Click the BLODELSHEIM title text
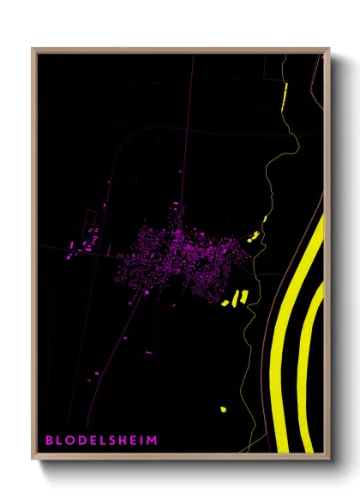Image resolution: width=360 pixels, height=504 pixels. coord(101,441)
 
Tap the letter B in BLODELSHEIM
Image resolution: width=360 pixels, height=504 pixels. coord(49,441)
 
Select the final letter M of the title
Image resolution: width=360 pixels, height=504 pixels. coord(153,441)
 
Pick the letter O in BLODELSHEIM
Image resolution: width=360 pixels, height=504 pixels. coord(70,441)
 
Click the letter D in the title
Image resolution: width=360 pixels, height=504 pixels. coord(81,441)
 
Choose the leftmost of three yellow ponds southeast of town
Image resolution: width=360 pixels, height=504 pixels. coord(225,303)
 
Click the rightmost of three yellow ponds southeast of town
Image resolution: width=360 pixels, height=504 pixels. coord(244,296)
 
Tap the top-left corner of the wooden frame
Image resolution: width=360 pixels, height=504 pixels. coord(33,50)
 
